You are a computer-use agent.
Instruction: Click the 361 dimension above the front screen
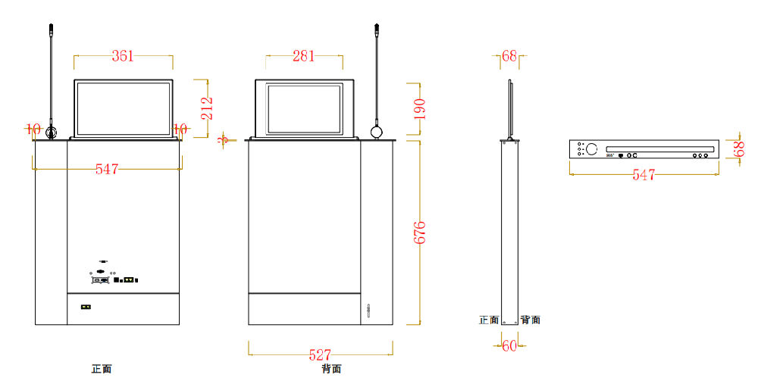coord(123,55)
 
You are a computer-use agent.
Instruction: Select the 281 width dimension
coord(304,55)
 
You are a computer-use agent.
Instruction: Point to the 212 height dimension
coord(206,108)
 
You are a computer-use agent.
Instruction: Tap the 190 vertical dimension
coord(419,109)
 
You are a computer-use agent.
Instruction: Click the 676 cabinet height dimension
coord(419,233)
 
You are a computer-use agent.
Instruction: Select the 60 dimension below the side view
coord(509,346)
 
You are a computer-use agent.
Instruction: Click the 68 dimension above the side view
coord(509,55)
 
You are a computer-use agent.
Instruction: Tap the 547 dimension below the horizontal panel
coord(644,175)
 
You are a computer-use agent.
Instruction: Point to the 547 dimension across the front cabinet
coord(107,170)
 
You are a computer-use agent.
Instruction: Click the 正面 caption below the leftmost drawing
coord(102,370)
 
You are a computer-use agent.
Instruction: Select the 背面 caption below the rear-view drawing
coord(331,370)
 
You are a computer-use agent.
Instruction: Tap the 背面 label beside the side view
coord(531,320)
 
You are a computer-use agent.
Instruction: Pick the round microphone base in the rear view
coord(377,133)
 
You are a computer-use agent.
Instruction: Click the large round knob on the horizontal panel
coord(591,149)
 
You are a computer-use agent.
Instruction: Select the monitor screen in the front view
coord(123,108)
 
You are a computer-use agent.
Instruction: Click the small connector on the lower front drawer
coord(86,307)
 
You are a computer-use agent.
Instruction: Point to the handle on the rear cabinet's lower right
coord(369,311)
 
